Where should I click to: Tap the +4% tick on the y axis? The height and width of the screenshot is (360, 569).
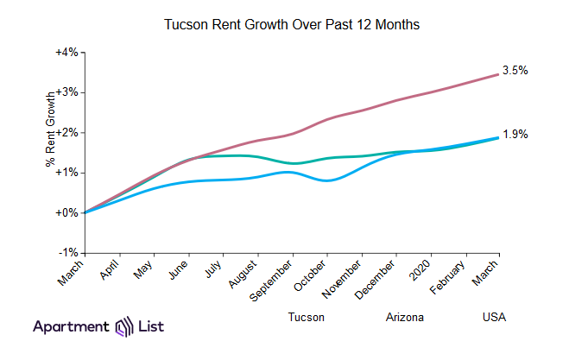[66, 53]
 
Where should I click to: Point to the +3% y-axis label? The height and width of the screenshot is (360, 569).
[66, 92]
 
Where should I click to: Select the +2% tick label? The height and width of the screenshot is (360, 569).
[66, 132]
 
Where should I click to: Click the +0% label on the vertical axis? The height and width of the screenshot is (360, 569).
[66, 212]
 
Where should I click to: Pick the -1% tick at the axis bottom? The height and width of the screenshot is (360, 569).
[68, 252]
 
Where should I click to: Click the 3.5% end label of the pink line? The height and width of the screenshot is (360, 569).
[515, 71]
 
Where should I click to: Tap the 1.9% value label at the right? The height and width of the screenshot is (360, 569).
[515, 134]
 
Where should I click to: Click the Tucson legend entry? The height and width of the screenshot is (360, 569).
[307, 317]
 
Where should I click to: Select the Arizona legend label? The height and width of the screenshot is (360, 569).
[405, 317]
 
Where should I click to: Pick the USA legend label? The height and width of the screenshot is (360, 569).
[494, 317]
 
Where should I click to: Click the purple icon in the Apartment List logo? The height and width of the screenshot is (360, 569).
[123, 327]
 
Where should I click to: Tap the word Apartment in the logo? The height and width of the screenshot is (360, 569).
[72, 327]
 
